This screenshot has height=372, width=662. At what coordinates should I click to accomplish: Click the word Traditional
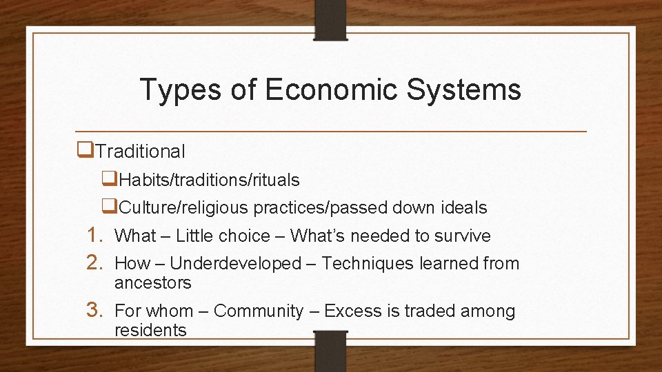click(x=141, y=151)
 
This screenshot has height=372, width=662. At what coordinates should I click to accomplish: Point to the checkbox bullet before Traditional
click(x=86, y=149)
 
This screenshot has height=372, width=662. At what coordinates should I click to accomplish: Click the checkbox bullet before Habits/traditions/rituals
click(x=109, y=178)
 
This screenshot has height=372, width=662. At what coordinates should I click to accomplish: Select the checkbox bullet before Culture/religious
click(x=109, y=206)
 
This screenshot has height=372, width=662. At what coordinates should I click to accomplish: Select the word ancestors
click(x=153, y=283)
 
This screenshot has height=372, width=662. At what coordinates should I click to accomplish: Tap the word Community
click(x=259, y=311)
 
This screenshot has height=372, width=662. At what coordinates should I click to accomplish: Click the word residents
click(x=150, y=330)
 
